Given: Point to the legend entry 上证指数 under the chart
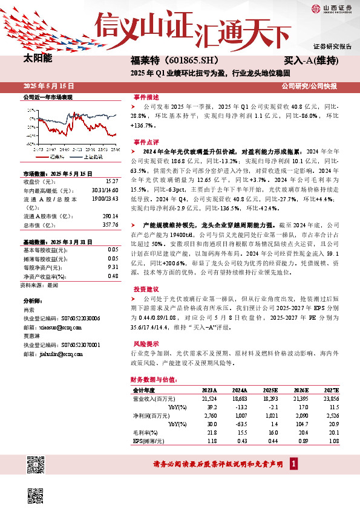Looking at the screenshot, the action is pos(93,156).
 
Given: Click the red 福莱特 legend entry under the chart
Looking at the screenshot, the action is pos(56,156).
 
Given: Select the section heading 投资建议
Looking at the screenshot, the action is pos(146,289).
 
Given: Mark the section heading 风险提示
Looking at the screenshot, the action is pos(146,343).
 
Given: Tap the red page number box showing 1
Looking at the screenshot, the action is pos(293,464).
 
